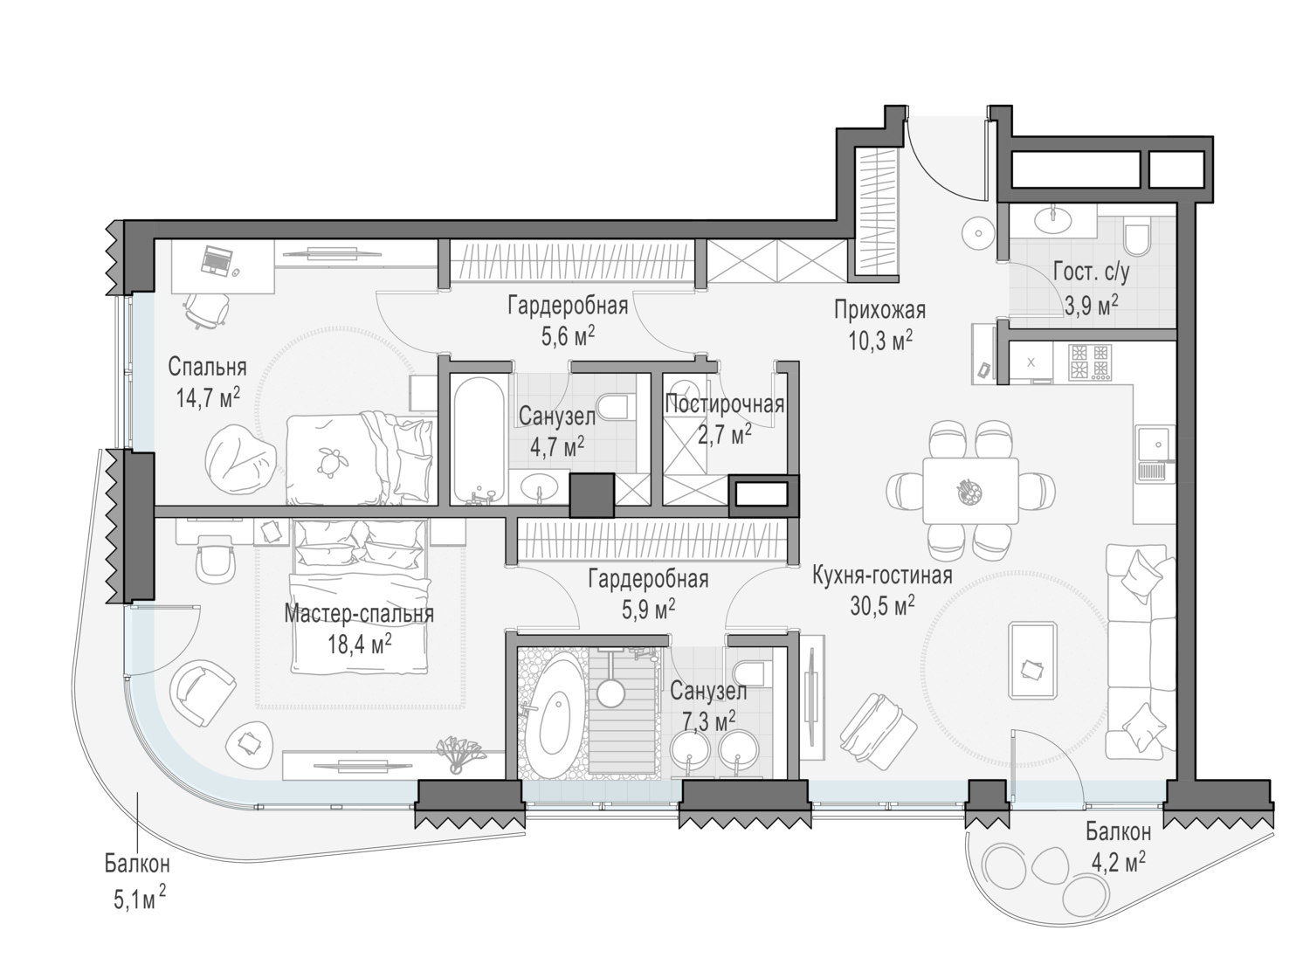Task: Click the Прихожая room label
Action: click(x=880, y=310)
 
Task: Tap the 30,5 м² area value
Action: click(x=882, y=607)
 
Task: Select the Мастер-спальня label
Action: click(x=359, y=614)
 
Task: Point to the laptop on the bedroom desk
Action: click(x=217, y=261)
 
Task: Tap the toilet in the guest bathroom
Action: click(x=1137, y=240)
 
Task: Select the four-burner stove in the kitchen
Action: click(x=1090, y=362)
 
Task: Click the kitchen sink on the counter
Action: click(x=1155, y=454)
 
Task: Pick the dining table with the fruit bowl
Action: click(x=970, y=490)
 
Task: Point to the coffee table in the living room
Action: click(x=1033, y=660)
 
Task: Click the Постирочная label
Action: click(x=725, y=404)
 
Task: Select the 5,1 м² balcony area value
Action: click(x=139, y=900)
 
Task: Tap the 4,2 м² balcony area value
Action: click(x=1118, y=862)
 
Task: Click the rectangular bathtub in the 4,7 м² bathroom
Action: click(x=479, y=440)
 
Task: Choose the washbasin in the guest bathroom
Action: click(x=1053, y=220)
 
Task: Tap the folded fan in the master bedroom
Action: click(x=462, y=754)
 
